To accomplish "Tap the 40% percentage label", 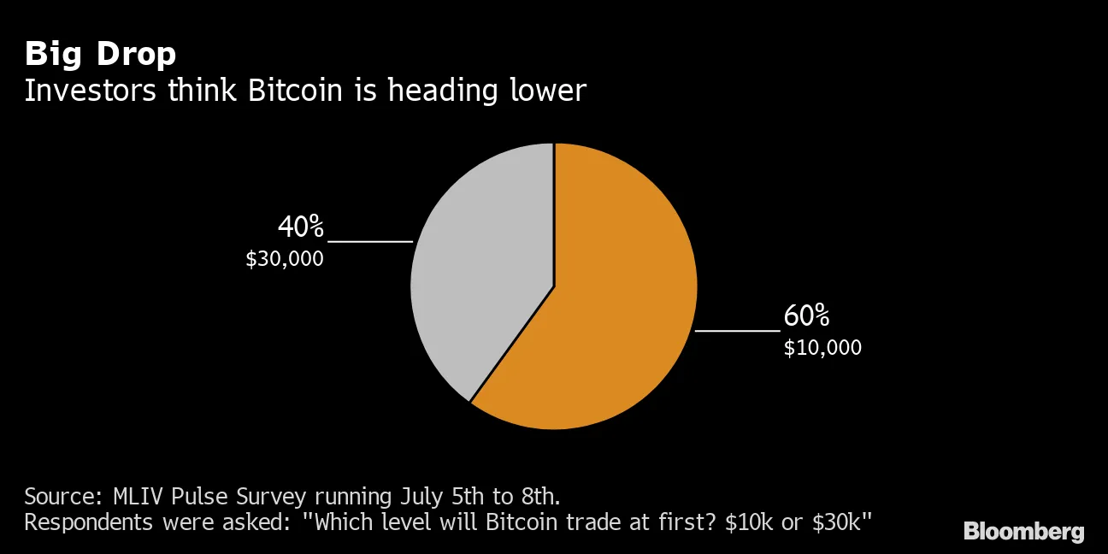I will pos(301,227).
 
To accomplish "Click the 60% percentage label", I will pos(806,316).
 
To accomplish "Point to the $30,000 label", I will pos(285,259).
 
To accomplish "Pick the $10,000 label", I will pos(822,348).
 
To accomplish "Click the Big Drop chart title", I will pos(100,54).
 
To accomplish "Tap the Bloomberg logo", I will pos(1023,532).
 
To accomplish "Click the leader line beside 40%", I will pos(370,242).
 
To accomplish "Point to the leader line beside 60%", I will pos(737,330).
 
